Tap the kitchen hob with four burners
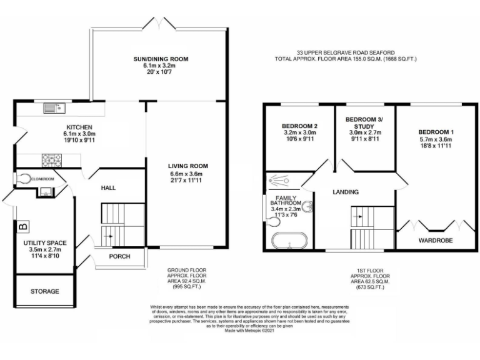tap(50, 160)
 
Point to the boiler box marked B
tap(24, 226)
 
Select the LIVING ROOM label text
tap(187, 166)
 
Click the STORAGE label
tap(45, 291)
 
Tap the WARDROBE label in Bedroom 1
tap(435, 240)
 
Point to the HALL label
tap(108, 187)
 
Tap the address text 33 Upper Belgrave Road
tap(346, 53)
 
